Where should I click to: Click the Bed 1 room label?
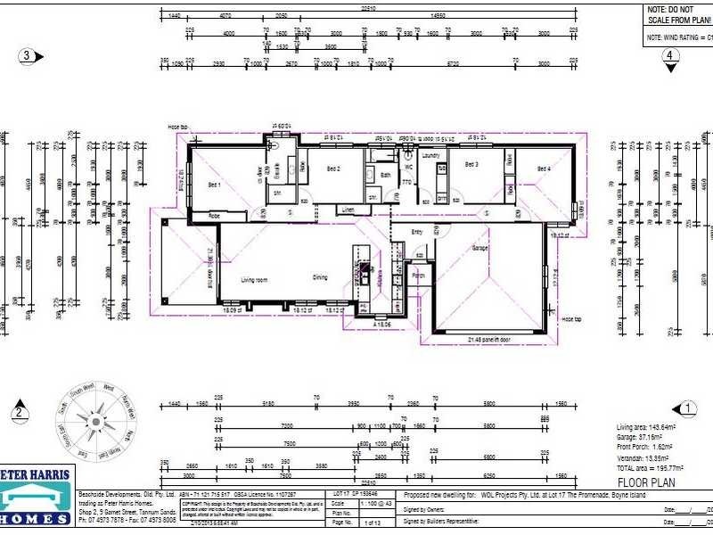click(214, 185)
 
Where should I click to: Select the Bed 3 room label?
click(471, 165)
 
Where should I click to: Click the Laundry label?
click(432, 155)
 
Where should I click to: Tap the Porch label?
click(419, 276)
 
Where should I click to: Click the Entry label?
click(416, 232)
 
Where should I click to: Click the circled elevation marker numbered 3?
click(27, 56)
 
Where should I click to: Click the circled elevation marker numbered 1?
click(687, 409)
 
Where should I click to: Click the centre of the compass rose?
click(94, 420)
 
